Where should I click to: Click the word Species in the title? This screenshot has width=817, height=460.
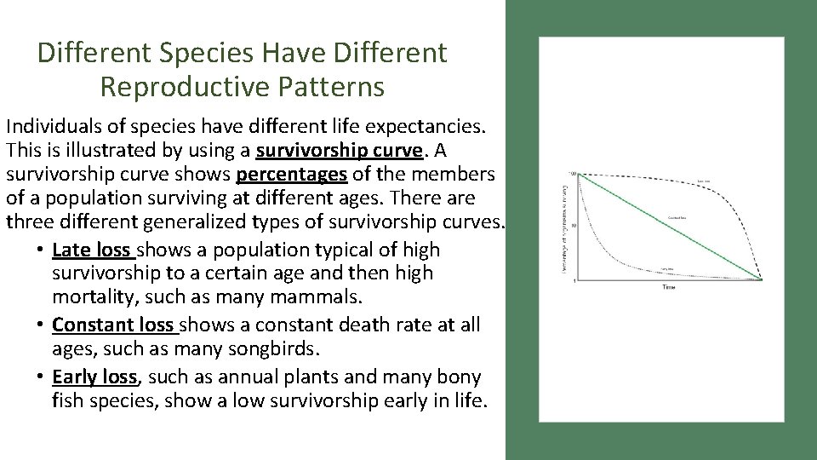coord(212,54)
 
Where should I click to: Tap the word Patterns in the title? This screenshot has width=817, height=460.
coord(339,87)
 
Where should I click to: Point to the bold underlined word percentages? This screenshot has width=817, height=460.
coord(292,175)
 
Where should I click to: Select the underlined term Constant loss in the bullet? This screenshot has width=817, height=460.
coord(113,325)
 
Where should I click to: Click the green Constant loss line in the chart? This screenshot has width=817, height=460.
coord(668,226)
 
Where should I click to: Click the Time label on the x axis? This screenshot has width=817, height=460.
coord(669,288)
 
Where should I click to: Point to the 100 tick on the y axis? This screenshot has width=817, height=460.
coord(573,174)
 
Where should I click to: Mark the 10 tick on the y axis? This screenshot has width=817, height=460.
coord(574,226)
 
